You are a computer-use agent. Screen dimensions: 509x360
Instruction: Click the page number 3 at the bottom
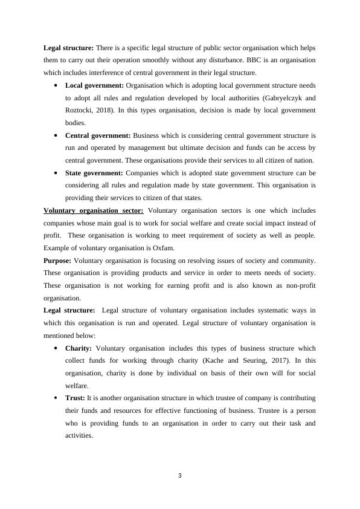pos(180,476)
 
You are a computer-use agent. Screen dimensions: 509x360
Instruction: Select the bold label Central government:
pos(98,135)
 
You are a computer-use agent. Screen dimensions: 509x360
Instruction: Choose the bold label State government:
pos(94,173)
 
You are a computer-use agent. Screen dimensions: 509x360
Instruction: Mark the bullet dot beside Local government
pos(56,86)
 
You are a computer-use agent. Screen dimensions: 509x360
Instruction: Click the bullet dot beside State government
pos(56,173)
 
